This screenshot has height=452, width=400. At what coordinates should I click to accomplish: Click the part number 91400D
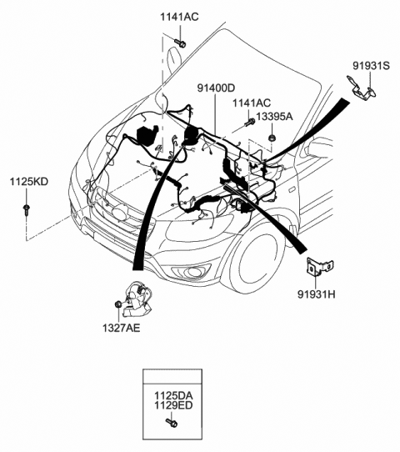(x=217, y=88)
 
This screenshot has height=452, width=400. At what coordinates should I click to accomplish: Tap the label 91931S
(x=371, y=66)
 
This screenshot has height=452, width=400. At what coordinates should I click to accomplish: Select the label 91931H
(x=316, y=294)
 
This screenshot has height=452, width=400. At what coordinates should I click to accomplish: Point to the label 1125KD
(x=29, y=182)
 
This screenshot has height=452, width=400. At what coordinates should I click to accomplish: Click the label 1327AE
(x=121, y=328)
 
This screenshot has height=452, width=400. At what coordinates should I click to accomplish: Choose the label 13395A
(x=274, y=117)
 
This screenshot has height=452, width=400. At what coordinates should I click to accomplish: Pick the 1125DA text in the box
(x=173, y=395)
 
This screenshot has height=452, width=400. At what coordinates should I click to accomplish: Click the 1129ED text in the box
(x=173, y=405)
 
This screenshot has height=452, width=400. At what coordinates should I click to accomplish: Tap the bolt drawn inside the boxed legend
(x=172, y=423)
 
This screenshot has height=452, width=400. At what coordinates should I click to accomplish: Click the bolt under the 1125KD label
(x=27, y=210)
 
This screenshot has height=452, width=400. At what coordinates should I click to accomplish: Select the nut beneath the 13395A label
(x=271, y=138)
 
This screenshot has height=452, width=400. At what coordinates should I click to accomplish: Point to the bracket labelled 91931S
(x=362, y=88)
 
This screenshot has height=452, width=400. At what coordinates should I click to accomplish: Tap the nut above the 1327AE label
(x=117, y=304)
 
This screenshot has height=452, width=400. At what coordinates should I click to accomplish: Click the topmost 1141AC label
(x=179, y=17)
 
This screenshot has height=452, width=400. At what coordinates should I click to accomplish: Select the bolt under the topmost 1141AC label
(x=180, y=43)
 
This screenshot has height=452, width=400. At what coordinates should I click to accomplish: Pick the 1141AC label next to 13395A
(x=252, y=103)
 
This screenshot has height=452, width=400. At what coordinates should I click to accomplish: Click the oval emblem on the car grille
(x=121, y=213)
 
